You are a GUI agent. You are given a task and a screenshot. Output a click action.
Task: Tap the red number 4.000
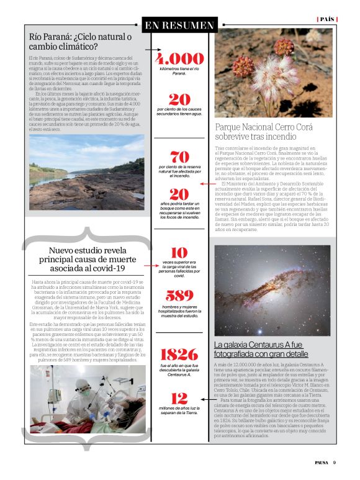pos(179,59)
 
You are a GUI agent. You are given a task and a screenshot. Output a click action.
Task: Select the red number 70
pos(179,157)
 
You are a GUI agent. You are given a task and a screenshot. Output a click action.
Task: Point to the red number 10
pos(179,253)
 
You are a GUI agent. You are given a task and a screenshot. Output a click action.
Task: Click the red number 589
pos(179,296)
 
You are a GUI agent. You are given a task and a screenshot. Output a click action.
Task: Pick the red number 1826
pos(179,355)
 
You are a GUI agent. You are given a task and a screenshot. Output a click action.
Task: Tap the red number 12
pos(179,397)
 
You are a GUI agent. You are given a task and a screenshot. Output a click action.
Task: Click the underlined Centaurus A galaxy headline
pos(258,349)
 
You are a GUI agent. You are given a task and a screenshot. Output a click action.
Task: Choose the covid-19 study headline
pos(87,259)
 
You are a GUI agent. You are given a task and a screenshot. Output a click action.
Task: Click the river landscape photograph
pos(87,171)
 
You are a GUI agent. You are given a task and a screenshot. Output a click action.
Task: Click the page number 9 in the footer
pos(334,462)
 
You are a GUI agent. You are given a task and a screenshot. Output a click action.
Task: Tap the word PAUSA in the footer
pos(320,462)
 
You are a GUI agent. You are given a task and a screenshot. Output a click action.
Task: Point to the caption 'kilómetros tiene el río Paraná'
pos(179,72)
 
